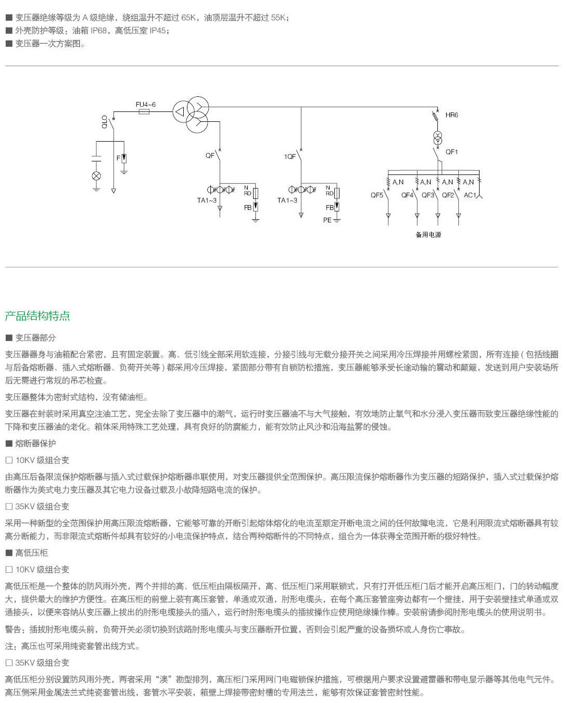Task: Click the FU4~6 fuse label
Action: coord(145,105)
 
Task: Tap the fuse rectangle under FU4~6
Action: coord(144,112)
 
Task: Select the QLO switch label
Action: coord(104,121)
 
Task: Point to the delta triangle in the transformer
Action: coord(180,111)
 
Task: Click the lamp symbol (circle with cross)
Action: coord(96,176)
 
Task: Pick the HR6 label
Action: coord(451,115)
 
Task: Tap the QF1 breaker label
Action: coord(451,152)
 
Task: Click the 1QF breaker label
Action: coord(290,157)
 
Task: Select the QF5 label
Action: coord(376,195)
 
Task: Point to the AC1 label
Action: coord(470,195)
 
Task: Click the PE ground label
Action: coord(327,220)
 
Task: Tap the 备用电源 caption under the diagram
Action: coord(428,234)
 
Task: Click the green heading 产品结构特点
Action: coord(37,316)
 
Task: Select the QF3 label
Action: coord(427,195)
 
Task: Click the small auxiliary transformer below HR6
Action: coord(437,138)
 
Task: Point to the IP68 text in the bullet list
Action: coord(98,31)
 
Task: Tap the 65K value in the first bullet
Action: coord(188,17)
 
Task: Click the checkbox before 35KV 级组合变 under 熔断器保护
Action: coord(9,506)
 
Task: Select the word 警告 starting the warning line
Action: coord(13,629)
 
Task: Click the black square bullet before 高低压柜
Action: coord(9,553)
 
